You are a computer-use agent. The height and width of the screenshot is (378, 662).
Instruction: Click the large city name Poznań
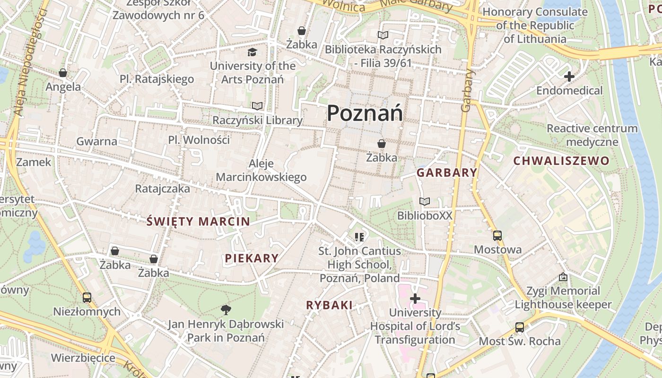pyautogui.click(x=365, y=113)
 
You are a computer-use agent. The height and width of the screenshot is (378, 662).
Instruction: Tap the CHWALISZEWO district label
pyautogui.click(x=561, y=161)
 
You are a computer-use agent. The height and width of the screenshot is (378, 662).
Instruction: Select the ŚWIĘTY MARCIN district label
pyautogui.click(x=198, y=221)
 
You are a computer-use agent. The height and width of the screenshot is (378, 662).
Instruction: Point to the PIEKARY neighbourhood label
pyautogui.click(x=252, y=258)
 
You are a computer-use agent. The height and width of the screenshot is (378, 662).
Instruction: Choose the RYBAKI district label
pyautogui.click(x=329, y=305)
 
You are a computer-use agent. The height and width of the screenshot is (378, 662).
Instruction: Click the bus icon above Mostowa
pyautogui.click(x=497, y=236)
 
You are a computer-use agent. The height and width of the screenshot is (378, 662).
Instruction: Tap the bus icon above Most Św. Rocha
pyautogui.click(x=519, y=327)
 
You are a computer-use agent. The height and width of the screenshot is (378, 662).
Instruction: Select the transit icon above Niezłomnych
pyautogui.click(x=87, y=298)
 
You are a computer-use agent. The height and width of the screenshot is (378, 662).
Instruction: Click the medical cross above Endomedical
pyautogui.click(x=569, y=77)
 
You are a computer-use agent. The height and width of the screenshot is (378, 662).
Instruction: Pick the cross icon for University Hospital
pyautogui.click(x=415, y=299)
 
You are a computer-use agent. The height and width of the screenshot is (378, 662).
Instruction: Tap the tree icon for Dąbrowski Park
pyautogui.click(x=226, y=310)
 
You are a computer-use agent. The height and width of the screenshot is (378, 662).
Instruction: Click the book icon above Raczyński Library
pyautogui.click(x=257, y=106)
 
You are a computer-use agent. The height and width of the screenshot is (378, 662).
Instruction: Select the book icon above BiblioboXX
pyautogui.click(x=425, y=202)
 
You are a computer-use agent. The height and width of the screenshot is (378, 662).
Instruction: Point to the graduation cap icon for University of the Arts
pyautogui.click(x=253, y=52)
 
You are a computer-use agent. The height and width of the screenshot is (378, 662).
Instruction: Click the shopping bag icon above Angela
pyautogui.click(x=63, y=73)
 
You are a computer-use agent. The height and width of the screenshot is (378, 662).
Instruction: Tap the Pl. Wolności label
pyautogui.click(x=199, y=140)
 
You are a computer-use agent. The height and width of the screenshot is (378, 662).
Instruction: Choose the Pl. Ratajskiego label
pyautogui.click(x=157, y=79)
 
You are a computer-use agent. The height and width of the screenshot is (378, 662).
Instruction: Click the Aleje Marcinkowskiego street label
pyautogui.click(x=261, y=171)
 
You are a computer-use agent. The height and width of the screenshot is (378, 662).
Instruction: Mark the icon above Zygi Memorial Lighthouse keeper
pyautogui.click(x=563, y=277)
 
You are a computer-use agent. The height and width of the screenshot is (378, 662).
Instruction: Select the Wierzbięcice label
pyautogui.click(x=83, y=358)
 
